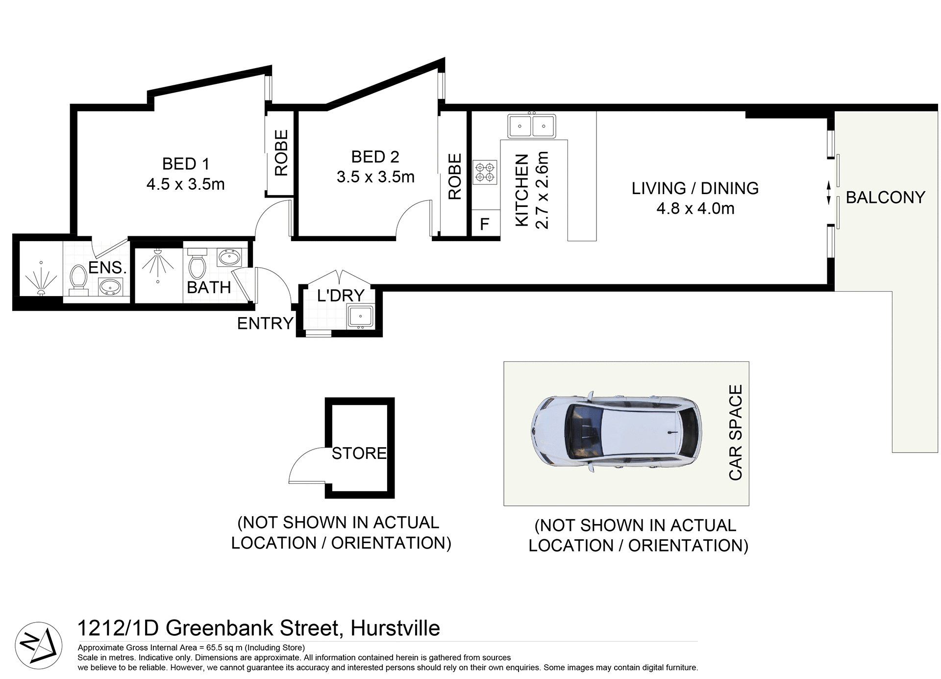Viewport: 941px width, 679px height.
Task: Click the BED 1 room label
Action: click(186, 164)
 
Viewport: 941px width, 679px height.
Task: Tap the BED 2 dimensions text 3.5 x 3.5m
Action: click(375, 177)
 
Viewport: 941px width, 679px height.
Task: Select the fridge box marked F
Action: click(485, 224)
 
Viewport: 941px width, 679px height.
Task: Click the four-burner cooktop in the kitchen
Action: click(485, 172)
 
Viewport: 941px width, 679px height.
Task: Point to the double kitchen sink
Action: click(531, 126)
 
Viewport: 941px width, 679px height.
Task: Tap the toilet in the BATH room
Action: click(197, 265)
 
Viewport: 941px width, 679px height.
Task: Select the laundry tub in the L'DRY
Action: click(360, 316)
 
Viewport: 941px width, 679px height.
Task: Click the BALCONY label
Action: click(885, 198)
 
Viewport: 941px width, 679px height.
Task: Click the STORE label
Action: click(359, 453)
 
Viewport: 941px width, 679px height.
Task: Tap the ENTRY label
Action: click(265, 324)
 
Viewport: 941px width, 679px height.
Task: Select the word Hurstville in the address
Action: click(395, 629)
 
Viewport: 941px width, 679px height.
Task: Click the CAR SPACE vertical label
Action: click(736, 432)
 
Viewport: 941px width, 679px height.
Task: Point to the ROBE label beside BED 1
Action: click(281, 153)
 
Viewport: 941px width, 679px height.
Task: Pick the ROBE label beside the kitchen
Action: click(455, 177)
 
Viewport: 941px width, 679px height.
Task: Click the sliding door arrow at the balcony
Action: click(829, 193)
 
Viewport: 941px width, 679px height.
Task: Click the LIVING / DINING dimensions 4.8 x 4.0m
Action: click(695, 209)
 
